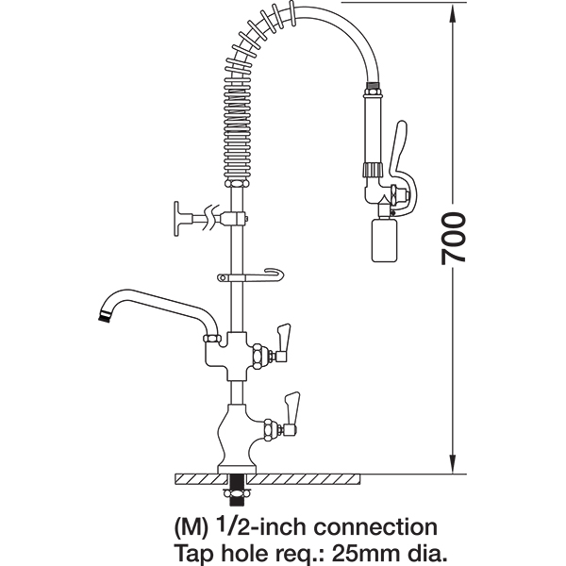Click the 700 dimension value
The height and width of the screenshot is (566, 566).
click(x=454, y=239)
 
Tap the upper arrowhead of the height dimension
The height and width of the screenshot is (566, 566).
click(x=453, y=12)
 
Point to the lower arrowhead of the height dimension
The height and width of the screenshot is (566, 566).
click(x=453, y=463)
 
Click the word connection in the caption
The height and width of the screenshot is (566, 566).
click(x=375, y=526)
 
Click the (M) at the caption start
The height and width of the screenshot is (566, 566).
click(x=191, y=527)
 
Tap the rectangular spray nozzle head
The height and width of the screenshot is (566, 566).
click(x=385, y=239)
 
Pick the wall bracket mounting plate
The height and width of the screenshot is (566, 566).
click(x=176, y=219)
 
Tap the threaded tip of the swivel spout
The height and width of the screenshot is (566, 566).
click(x=104, y=315)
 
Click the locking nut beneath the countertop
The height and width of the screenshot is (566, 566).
click(x=237, y=493)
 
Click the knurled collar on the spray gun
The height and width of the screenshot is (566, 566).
click(x=373, y=168)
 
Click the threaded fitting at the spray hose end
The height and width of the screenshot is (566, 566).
click(x=373, y=87)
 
